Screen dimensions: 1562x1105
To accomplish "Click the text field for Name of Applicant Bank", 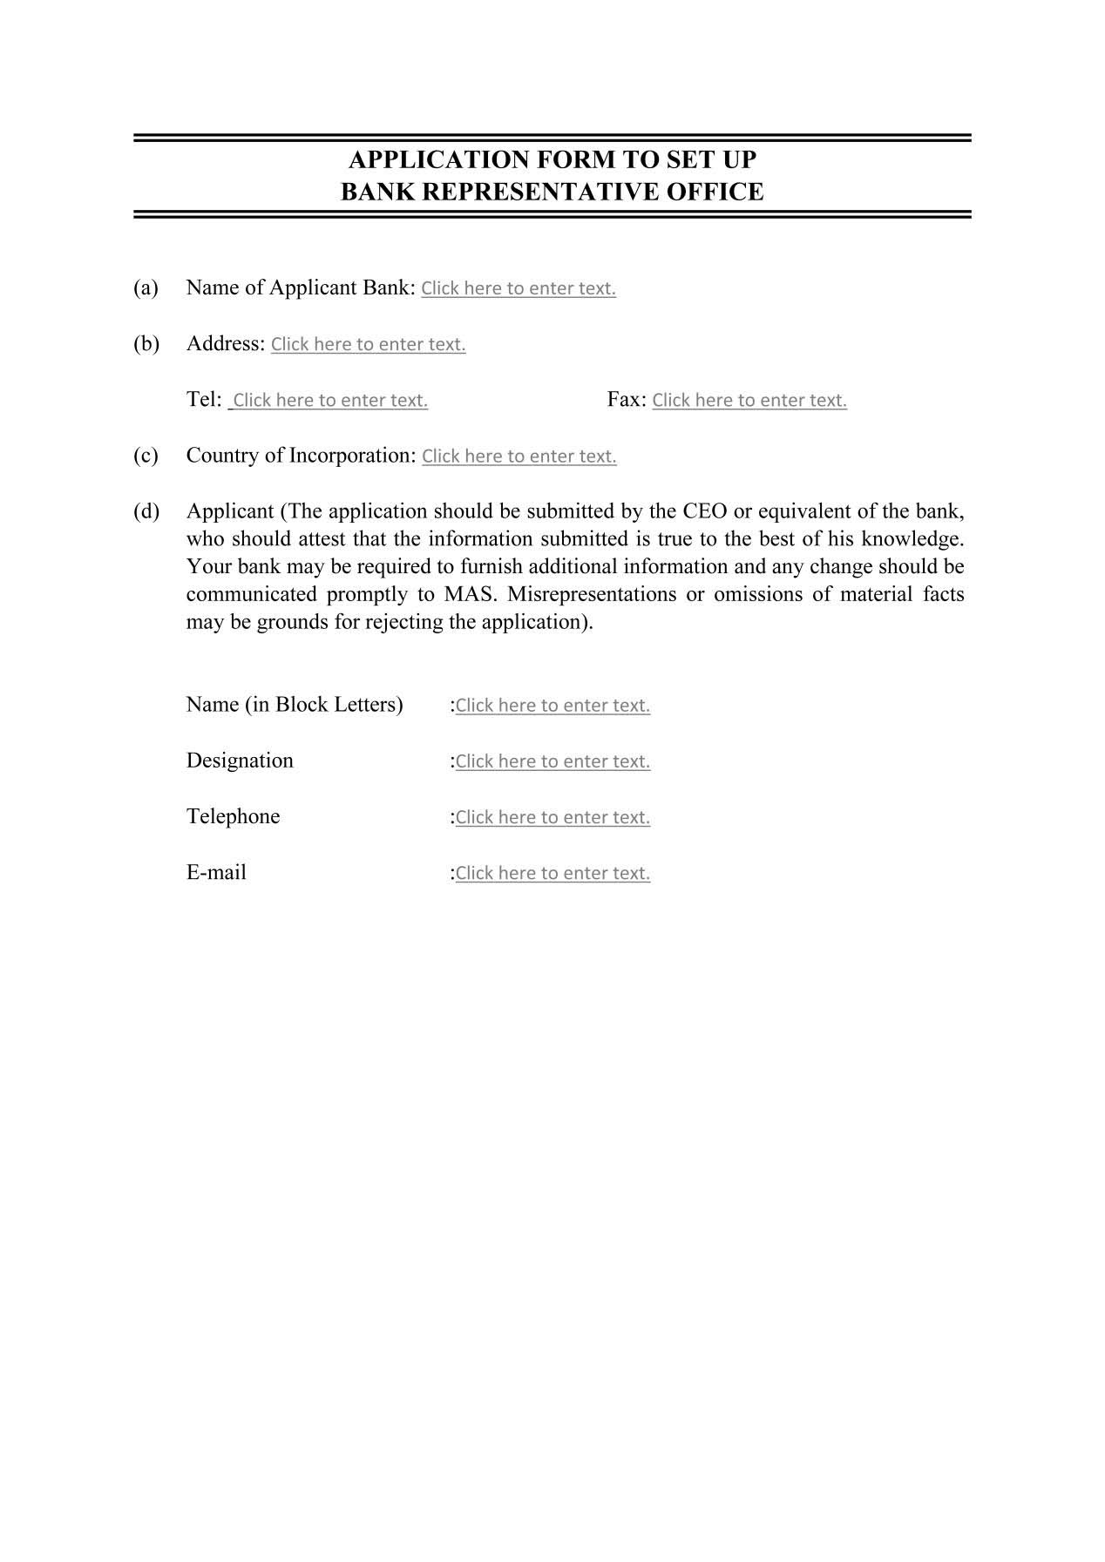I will [518, 288].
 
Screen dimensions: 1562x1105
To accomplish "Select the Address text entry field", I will [368, 344].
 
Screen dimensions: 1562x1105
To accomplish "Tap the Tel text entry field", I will [329, 400].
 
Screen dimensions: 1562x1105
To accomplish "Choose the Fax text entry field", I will [749, 400].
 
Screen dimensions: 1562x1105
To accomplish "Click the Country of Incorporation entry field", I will [519, 456].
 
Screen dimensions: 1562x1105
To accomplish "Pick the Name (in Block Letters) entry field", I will [552, 705].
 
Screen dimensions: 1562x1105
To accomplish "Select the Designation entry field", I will [552, 761].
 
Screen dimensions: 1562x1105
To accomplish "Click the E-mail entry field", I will [552, 873].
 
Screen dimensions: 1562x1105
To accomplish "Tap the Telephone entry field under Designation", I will [552, 817].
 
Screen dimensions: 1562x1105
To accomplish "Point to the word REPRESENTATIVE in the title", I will [540, 192].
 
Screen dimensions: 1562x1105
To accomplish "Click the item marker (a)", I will [146, 287].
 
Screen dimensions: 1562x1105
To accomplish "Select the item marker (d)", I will [146, 511].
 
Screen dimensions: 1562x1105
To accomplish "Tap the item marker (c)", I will [146, 456].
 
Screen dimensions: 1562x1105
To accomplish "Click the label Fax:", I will [626, 400].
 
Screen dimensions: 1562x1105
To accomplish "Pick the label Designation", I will [240, 761].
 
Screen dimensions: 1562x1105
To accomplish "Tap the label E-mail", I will [216, 873].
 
